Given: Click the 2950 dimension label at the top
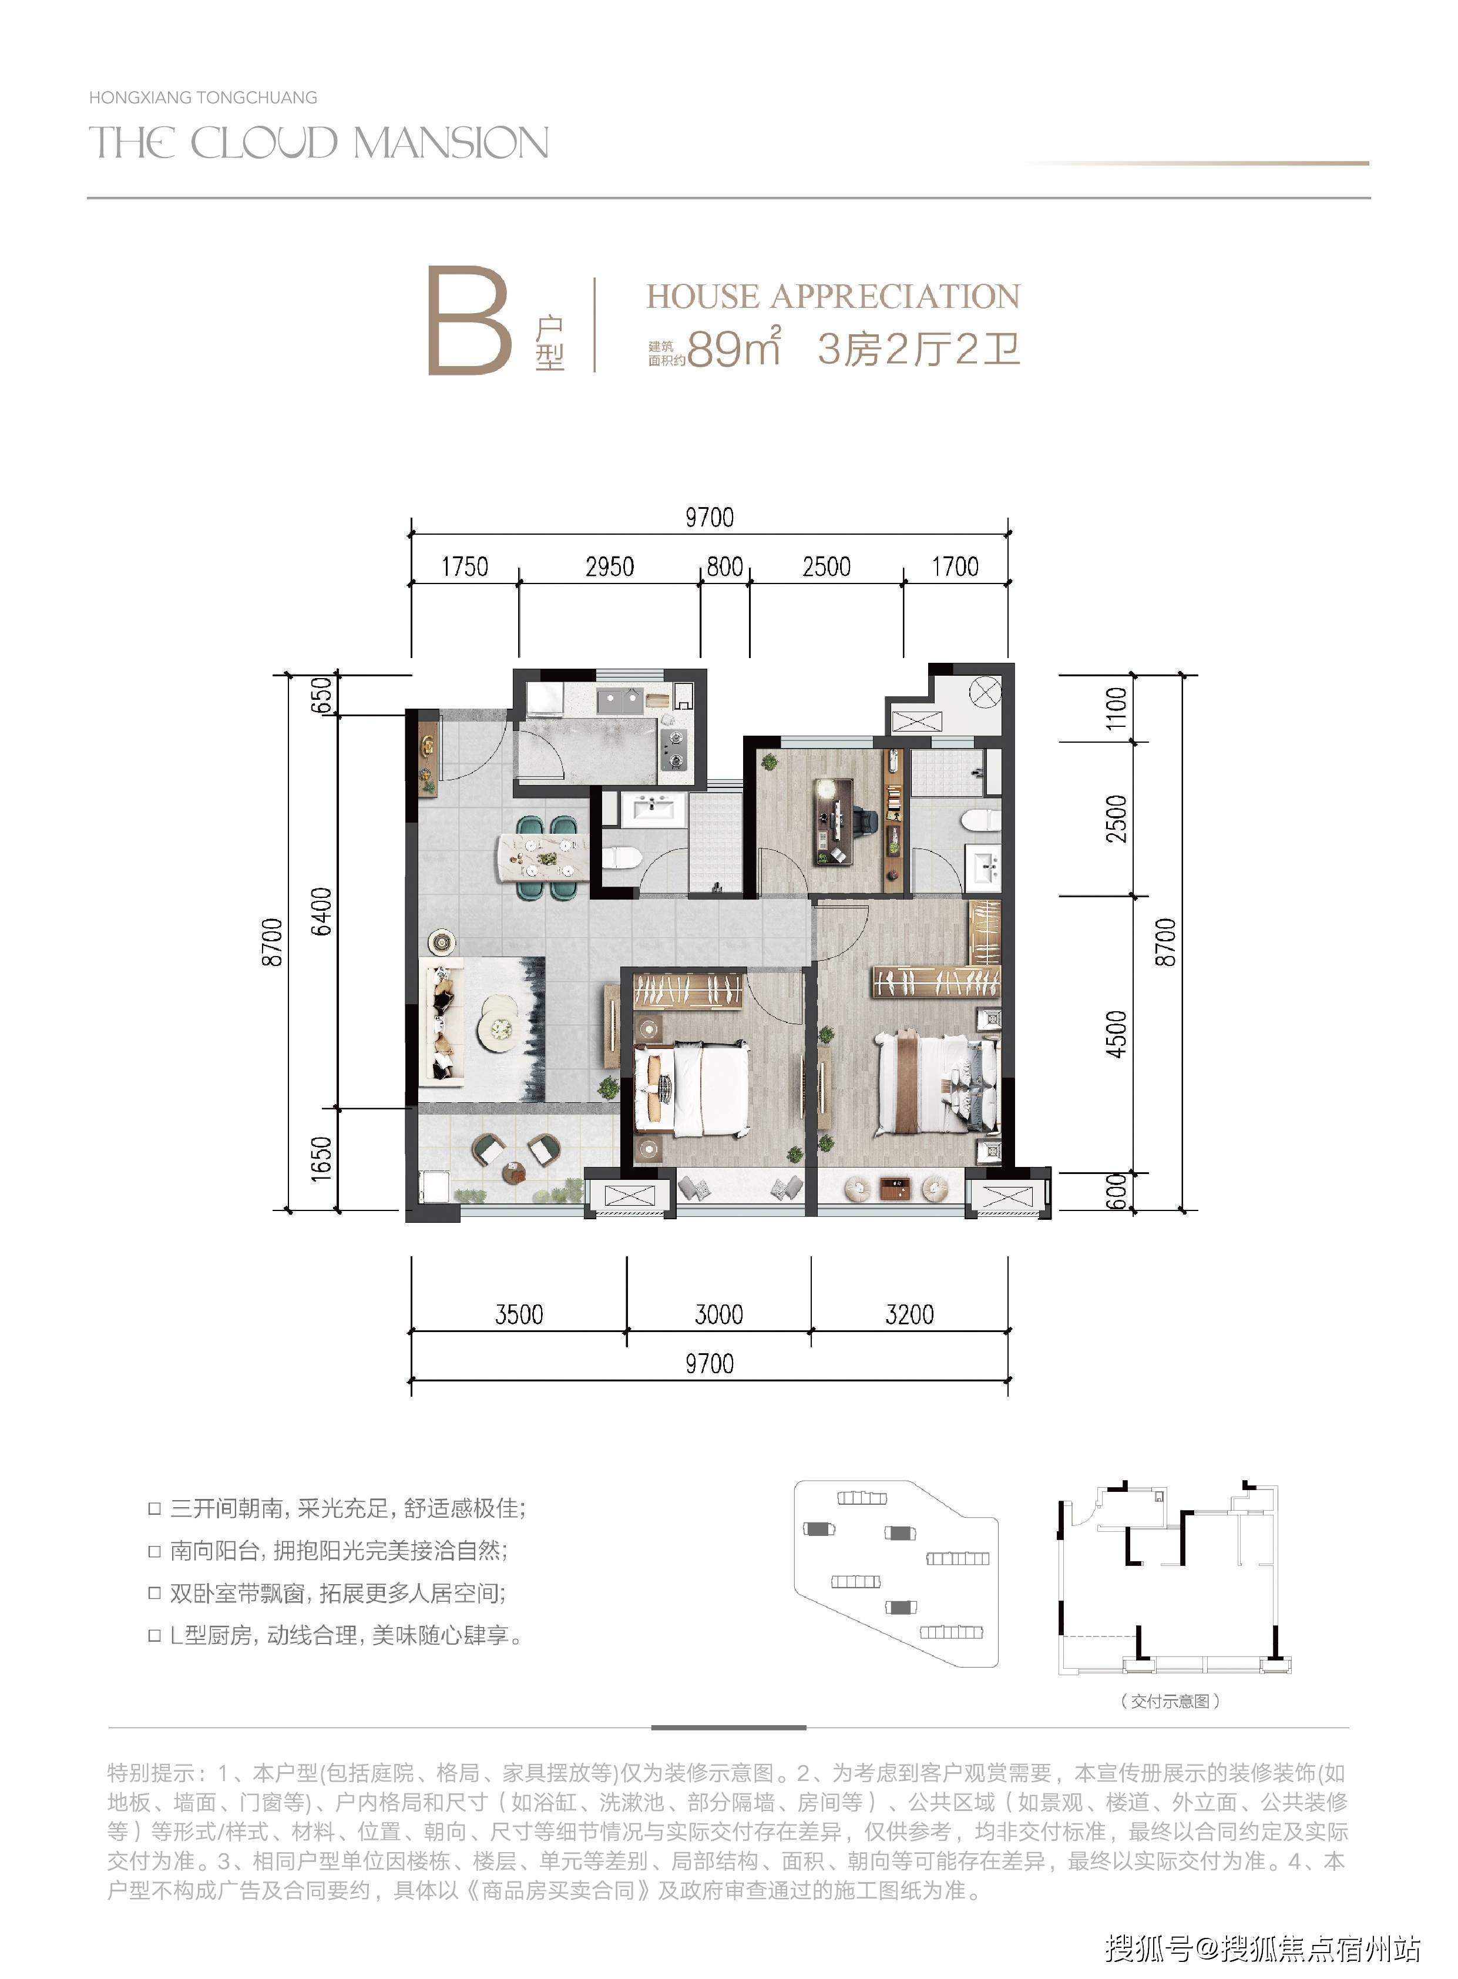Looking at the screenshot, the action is pos(610,566).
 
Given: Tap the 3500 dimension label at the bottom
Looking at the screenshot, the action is pos(519,1314).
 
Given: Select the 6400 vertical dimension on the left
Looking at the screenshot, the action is pos(323,911).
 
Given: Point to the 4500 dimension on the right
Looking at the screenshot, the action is pos(1117,1035).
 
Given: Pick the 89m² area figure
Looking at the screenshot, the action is pos(734,347).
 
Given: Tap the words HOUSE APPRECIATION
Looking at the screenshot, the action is pos(833,297).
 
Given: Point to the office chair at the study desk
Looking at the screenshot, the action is pos(863,822).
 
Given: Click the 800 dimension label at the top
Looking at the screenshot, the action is pos(724,566).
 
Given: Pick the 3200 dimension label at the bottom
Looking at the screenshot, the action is pos(909,1314).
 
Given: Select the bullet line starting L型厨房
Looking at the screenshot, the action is pos(335,1636).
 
